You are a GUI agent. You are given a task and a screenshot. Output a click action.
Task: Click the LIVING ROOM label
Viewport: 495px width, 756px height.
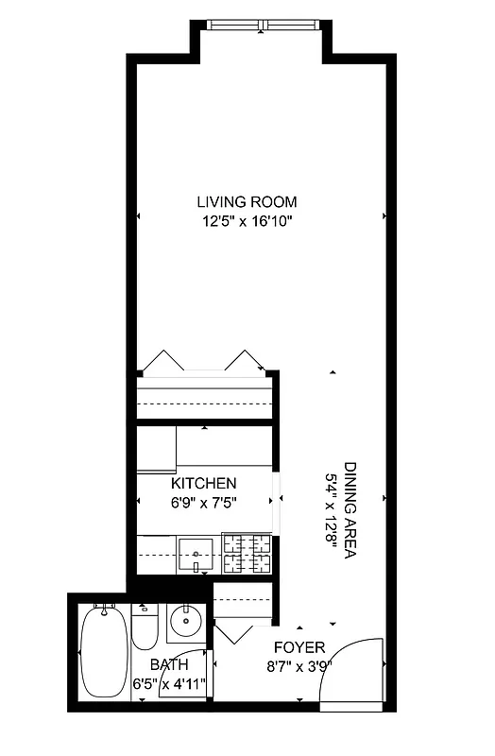(x=247, y=201)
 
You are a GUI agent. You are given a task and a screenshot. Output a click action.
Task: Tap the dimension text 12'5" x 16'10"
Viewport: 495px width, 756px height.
(x=247, y=222)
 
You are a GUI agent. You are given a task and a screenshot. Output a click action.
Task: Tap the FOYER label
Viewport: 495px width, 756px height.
(x=299, y=647)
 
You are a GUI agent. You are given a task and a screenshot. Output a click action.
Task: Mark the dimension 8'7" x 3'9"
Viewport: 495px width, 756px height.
(x=299, y=666)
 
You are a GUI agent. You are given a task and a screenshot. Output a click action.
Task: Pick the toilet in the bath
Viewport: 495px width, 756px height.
(x=144, y=628)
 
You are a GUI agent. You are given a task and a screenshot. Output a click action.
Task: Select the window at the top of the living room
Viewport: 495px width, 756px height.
(x=260, y=26)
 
